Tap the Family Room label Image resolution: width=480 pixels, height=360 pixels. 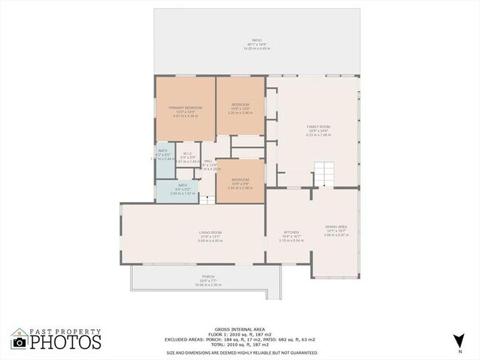click(x=318, y=127)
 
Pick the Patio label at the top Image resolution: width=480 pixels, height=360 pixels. click(x=257, y=40)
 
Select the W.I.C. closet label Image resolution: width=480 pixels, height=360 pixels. click(x=188, y=153)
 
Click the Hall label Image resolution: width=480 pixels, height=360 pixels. click(x=209, y=160)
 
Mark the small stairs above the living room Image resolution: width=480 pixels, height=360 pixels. click(x=207, y=198)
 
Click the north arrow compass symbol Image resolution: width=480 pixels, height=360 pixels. click(x=459, y=341)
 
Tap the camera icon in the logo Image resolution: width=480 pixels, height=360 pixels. click(x=20, y=342)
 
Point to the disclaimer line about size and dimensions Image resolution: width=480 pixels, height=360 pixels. click(x=240, y=352)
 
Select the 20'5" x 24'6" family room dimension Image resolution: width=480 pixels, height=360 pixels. click(x=318, y=131)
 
